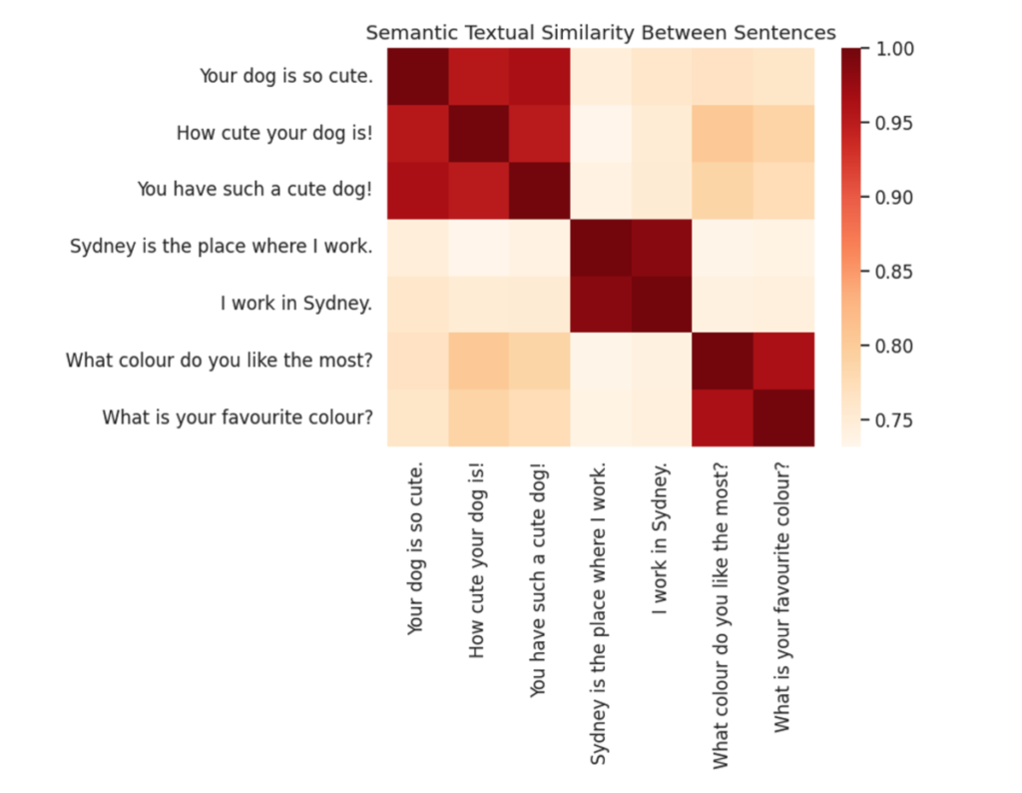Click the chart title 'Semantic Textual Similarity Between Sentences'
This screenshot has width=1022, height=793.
[600, 33]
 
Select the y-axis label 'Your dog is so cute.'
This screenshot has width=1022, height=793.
[286, 76]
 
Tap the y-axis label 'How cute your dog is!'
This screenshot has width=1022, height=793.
[274, 133]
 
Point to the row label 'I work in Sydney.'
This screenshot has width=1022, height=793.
[295, 304]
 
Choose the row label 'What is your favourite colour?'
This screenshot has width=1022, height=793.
[238, 417]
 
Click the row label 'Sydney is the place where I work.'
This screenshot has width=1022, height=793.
[221, 247]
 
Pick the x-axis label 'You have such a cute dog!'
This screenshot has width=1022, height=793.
[538, 580]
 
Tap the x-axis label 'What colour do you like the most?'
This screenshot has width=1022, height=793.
[721, 616]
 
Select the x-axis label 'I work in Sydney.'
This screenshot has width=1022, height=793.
[660, 538]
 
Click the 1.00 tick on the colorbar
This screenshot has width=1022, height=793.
[894, 49]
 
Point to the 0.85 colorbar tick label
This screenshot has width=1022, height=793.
[894, 272]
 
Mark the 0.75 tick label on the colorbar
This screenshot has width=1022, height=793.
[894, 420]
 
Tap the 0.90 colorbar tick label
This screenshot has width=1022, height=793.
[894, 198]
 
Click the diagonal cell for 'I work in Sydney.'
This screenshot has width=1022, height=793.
[662, 304]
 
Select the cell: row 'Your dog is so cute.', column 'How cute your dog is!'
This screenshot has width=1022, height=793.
[479, 76]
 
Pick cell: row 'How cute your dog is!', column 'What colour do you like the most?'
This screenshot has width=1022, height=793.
[723, 134]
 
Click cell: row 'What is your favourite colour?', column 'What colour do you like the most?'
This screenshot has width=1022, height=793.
[723, 418]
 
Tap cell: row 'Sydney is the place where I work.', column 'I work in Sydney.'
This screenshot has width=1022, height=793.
[662, 247]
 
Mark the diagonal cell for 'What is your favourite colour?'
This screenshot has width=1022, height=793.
[784, 418]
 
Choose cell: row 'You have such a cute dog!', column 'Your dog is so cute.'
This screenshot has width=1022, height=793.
[418, 191]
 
